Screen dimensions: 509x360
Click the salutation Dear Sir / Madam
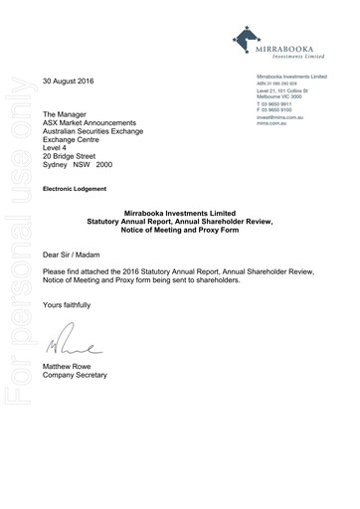76,254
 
